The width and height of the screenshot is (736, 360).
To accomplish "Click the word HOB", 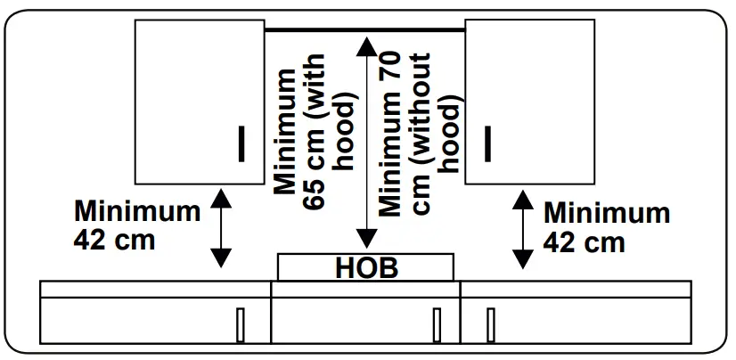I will (365, 267).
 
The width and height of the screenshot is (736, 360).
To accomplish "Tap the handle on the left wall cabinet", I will (241, 143).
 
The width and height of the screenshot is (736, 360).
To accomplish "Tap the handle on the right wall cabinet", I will (487, 143).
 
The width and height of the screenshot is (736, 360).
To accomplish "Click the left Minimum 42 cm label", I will (137, 225).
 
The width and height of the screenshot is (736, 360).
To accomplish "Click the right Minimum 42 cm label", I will (606, 226).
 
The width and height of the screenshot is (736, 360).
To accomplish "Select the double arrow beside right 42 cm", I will (523, 229).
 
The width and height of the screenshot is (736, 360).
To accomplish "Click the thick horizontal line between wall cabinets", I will (365, 30).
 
